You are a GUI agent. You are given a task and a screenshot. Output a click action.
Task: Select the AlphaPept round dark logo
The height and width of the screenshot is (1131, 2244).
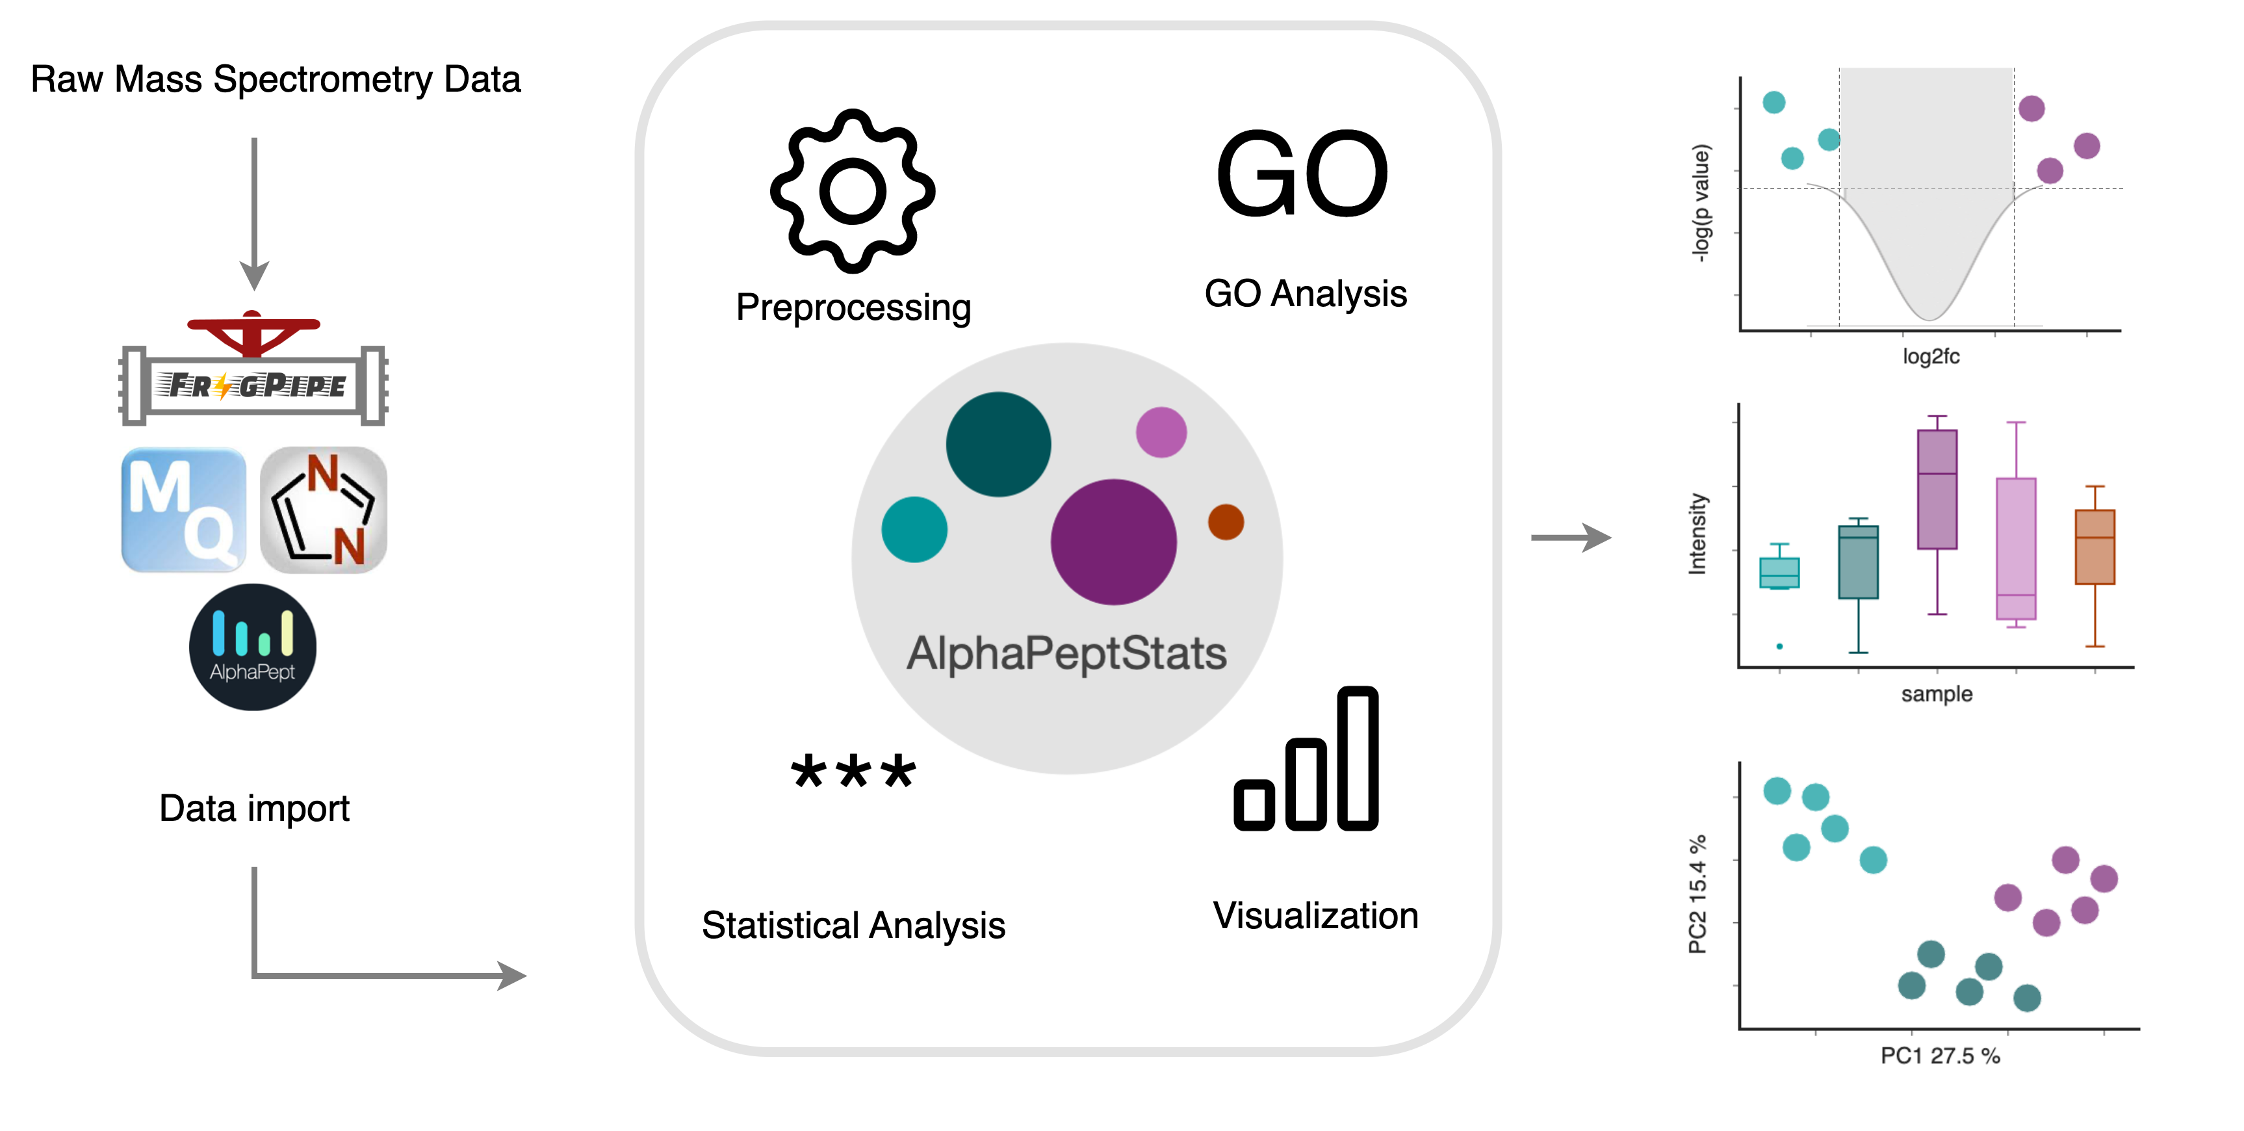[x=253, y=647]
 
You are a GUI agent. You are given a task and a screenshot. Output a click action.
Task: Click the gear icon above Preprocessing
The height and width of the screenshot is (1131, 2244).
[x=852, y=191]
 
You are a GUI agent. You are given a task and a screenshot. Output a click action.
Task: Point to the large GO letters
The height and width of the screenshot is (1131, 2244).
[x=1302, y=174]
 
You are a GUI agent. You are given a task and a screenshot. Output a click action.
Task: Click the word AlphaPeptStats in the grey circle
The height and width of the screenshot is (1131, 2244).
[x=1066, y=653]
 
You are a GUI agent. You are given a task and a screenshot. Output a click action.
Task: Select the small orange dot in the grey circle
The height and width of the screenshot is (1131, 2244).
[x=1226, y=522]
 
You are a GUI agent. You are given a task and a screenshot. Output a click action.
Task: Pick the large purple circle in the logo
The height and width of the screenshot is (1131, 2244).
[x=1113, y=542]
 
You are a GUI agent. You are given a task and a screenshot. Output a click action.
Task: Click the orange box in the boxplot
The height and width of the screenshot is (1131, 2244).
[x=2094, y=547]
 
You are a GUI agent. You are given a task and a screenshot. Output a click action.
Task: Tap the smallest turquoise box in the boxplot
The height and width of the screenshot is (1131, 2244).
[x=1779, y=573]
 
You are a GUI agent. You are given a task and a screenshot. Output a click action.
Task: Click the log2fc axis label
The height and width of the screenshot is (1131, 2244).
[x=1930, y=356]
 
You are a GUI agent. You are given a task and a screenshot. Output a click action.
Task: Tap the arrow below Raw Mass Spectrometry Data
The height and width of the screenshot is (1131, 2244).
[x=253, y=213]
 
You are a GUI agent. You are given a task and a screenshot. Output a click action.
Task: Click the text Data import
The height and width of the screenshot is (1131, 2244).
[x=253, y=809]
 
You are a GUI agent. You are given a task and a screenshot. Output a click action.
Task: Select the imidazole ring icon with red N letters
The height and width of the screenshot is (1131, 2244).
[x=323, y=510]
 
